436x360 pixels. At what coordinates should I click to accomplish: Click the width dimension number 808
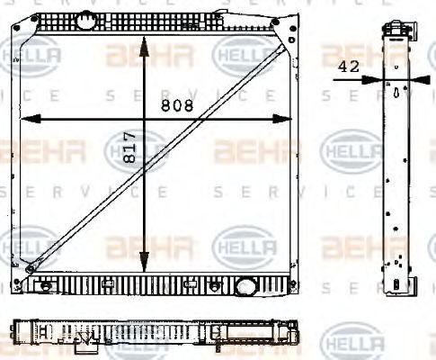(176, 106)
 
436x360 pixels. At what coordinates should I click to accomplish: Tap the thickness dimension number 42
(350, 65)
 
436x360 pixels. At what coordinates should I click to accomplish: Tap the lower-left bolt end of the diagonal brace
(31, 268)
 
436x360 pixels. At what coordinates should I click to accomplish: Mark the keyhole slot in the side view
(396, 93)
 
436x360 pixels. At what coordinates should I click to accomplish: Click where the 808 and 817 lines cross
(146, 118)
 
